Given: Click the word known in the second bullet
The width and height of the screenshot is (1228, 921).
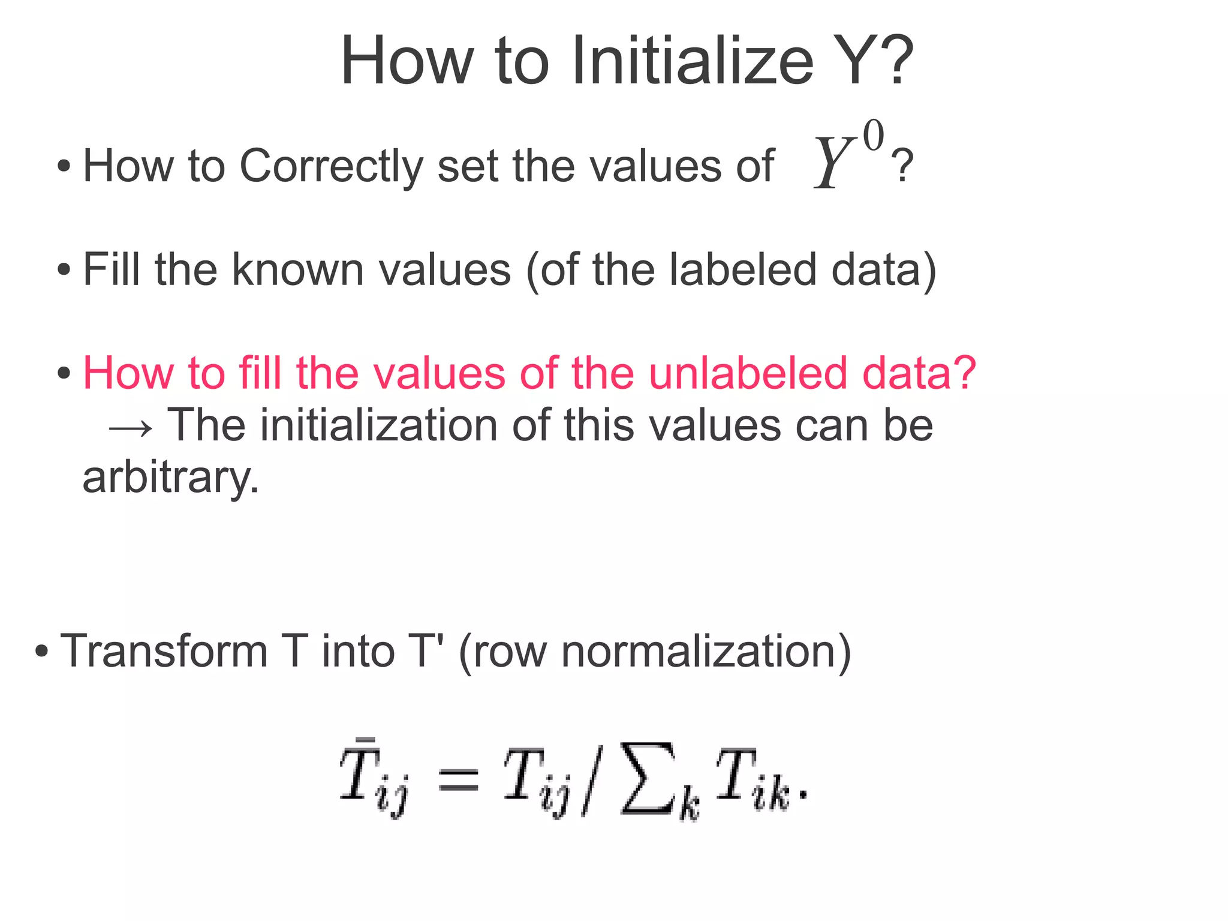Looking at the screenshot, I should (297, 269).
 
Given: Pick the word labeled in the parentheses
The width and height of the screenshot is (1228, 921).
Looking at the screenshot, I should (742, 269).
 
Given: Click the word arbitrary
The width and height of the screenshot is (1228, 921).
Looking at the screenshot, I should (170, 478).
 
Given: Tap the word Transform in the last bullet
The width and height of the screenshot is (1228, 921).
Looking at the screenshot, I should (164, 651).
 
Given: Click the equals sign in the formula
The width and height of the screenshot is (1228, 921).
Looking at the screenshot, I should (459, 780).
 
